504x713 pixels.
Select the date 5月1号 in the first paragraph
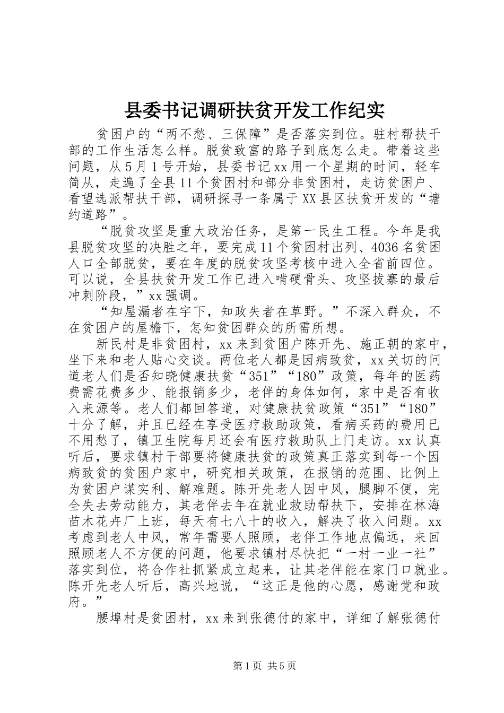[x=145, y=167]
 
